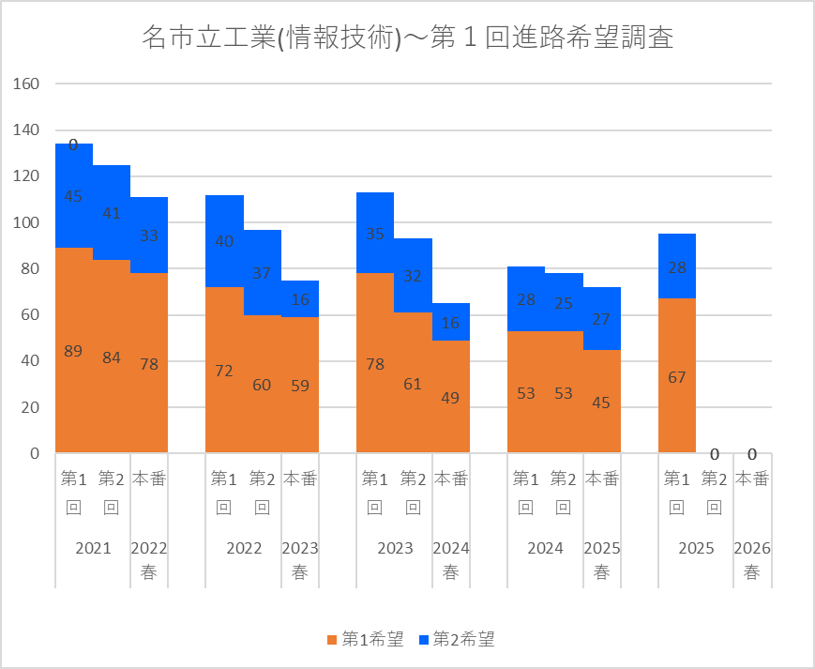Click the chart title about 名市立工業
point(407,38)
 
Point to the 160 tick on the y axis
point(26,84)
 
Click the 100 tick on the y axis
point(26,222)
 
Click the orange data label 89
point(73,351)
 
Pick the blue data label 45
point(73,196)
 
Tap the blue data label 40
point(224,241)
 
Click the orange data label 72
point(224,371)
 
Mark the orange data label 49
point(450,397)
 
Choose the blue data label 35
point(375,235)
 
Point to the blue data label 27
point(601,318)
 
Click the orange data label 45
point(601,403)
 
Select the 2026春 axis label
point(752,560)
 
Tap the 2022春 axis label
point(149,560)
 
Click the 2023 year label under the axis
point(394,549)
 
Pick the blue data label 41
point(112,213)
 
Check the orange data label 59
point(300,385)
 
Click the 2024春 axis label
point(450,560)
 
